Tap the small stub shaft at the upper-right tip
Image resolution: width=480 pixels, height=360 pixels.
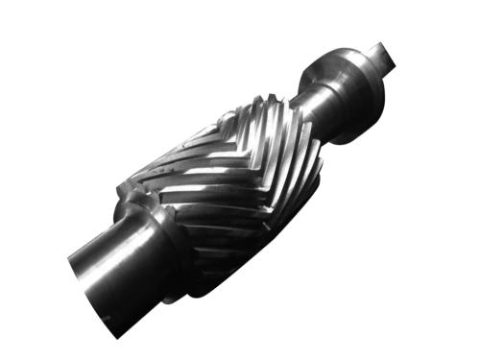[x=380, y=58]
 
